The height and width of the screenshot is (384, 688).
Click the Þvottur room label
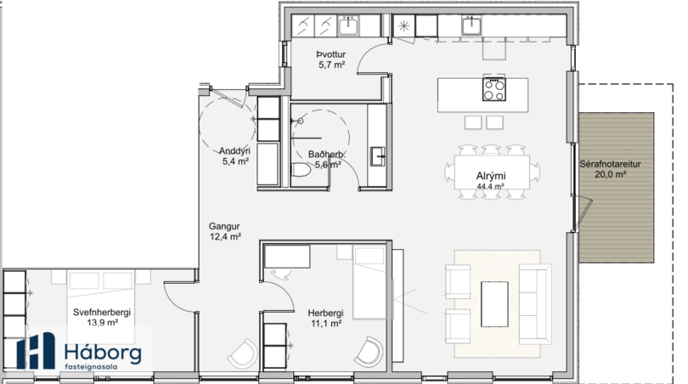click(x=331, y=54)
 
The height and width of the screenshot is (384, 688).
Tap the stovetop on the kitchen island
click(x=494, y=89)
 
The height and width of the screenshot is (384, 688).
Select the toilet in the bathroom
click(x=301, y=170)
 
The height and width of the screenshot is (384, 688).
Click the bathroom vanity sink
click(x=378, y=156)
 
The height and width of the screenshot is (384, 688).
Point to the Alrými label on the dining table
click(x=491, y=176)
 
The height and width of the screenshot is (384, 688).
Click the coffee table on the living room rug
click(x=494, y=304)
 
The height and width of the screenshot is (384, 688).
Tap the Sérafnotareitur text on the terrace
click(x=610, y=164)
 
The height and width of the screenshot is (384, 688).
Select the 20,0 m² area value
click(x=610, y=175)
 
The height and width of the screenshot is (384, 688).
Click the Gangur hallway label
click(x=223, y=227)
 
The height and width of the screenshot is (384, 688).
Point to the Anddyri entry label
click(x=234, y=151)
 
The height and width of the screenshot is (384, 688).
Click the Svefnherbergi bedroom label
click(x=102, y=313)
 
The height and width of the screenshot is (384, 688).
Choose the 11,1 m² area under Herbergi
click(x=326, y=324)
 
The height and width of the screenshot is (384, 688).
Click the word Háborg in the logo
click(x=103, y=353)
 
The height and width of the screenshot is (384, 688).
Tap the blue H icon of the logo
click(x=36, y=350)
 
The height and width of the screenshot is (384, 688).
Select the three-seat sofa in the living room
click(x=535, y=303)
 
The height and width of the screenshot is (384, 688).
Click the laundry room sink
click(x=348, y=25)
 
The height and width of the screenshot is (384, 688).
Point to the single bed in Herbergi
click(x=369, y=283)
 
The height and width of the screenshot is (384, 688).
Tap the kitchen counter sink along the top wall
click(x=471, y=25)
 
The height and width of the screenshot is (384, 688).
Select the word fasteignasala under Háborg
click(x=91, y=367)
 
